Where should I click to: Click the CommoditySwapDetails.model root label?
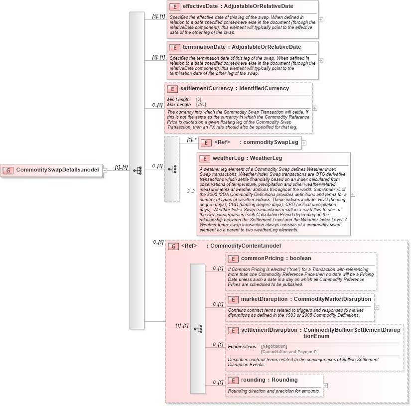pos(58,170)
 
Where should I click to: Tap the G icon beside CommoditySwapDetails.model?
pos(8,170)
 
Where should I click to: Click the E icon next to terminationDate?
pos(174,47)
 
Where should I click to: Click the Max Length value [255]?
pos(201,105)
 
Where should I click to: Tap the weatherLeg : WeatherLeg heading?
pos(247,158)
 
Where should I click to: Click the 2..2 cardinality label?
pos(191,191)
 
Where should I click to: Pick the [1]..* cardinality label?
pos(192,140)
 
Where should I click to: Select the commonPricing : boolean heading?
pos(275,259)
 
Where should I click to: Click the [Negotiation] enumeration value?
pos(274,346)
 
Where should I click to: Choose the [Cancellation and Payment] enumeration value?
pos(288,352)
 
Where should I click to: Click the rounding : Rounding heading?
pos(269,380)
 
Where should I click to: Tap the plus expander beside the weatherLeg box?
pos(353,194)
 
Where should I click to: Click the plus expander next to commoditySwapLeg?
pos(304,143)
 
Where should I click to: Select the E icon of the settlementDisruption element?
pos(233,331)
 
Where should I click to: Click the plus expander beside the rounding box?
pos(325,385)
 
